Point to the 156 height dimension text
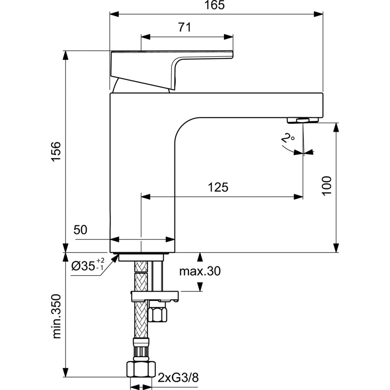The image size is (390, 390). pos(56,151)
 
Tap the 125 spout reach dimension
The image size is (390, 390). pos(218,187)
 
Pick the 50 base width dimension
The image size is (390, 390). pos(81,230)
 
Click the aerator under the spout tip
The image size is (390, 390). pos(303,120)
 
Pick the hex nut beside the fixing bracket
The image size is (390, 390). pos(158,313)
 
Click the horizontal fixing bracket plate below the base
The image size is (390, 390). pos(155,296)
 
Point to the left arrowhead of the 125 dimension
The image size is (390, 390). pos(145,196)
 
